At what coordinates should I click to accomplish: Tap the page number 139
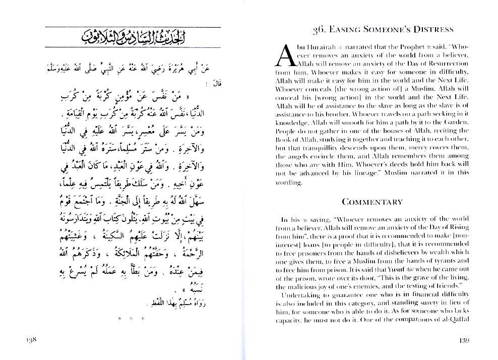pos(464,340)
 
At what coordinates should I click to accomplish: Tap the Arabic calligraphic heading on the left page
pos(133,37)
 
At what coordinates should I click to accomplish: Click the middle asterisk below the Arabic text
pos(130,318)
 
